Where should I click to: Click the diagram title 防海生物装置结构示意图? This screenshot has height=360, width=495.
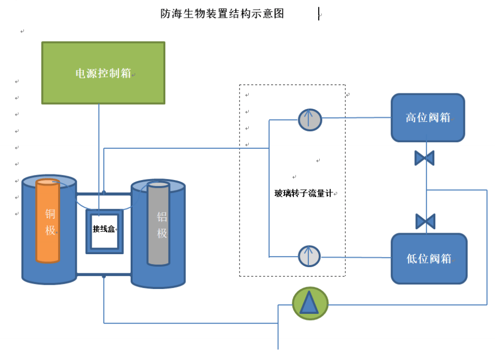coord(222,14)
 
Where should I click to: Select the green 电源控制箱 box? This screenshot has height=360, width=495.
coord(103,73)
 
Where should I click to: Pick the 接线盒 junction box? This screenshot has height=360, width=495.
coord(104,229)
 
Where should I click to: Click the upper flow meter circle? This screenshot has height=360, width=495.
coord(310,120)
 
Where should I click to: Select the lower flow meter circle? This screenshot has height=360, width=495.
coord(309,256)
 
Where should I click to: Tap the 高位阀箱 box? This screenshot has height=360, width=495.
coord(428,118)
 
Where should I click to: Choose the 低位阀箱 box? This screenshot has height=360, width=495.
coord(429,258)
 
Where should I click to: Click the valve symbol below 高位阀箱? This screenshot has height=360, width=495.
coord(425,158)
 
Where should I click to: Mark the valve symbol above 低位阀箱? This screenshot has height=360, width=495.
coord(425,221)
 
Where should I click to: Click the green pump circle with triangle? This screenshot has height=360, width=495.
coord(310,303)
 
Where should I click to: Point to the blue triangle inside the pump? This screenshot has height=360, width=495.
coord(309,304)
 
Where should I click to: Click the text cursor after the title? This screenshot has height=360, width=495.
coord(319,14)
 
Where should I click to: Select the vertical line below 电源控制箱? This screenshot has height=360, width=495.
coord(99,145)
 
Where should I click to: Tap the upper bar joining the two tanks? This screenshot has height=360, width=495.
coord(104,193)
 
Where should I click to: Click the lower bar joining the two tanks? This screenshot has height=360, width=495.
coord(104,275)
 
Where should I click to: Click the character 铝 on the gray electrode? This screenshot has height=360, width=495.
coord(162,217)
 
